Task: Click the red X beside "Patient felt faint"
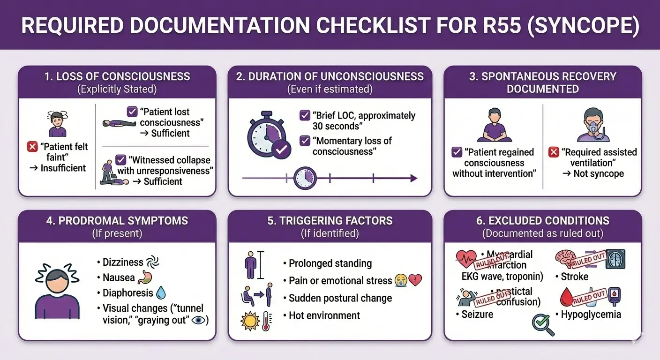[x=32, y=147]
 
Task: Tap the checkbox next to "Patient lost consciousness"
[x=132, y=112]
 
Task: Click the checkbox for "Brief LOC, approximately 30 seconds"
[x=305, y=115]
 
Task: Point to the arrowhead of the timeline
[x=413, y=178]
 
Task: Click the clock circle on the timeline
[x=305, y=178]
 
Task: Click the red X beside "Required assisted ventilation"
[x=554, y=152]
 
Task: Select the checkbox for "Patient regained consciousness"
[x=457, y=152]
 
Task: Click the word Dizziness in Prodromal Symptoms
[x=123, y=262]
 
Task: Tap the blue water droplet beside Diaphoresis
[x=161, y=293]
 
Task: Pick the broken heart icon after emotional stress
[x=415, y=280]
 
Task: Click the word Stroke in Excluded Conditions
[x=574, y=277]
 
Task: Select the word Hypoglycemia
[x=591, y=314]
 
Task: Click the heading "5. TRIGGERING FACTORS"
[x=330, y=221]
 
